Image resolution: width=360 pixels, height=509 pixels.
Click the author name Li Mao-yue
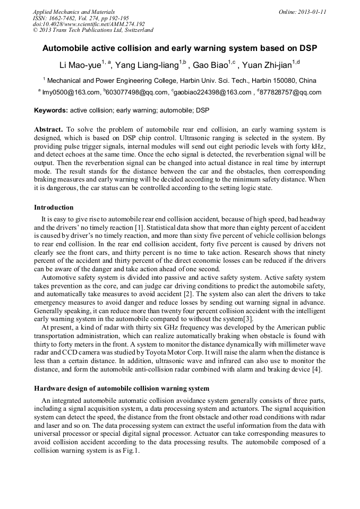80,65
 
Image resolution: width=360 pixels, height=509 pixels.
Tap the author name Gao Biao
209,65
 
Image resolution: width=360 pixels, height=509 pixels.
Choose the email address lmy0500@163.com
72,92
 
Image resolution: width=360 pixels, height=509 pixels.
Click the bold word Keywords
50,111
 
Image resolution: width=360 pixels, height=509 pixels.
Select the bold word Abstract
48,130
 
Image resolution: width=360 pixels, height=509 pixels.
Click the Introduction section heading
54,208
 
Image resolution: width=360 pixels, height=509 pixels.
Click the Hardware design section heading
122,389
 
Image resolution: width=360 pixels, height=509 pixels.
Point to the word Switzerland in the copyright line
139,30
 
